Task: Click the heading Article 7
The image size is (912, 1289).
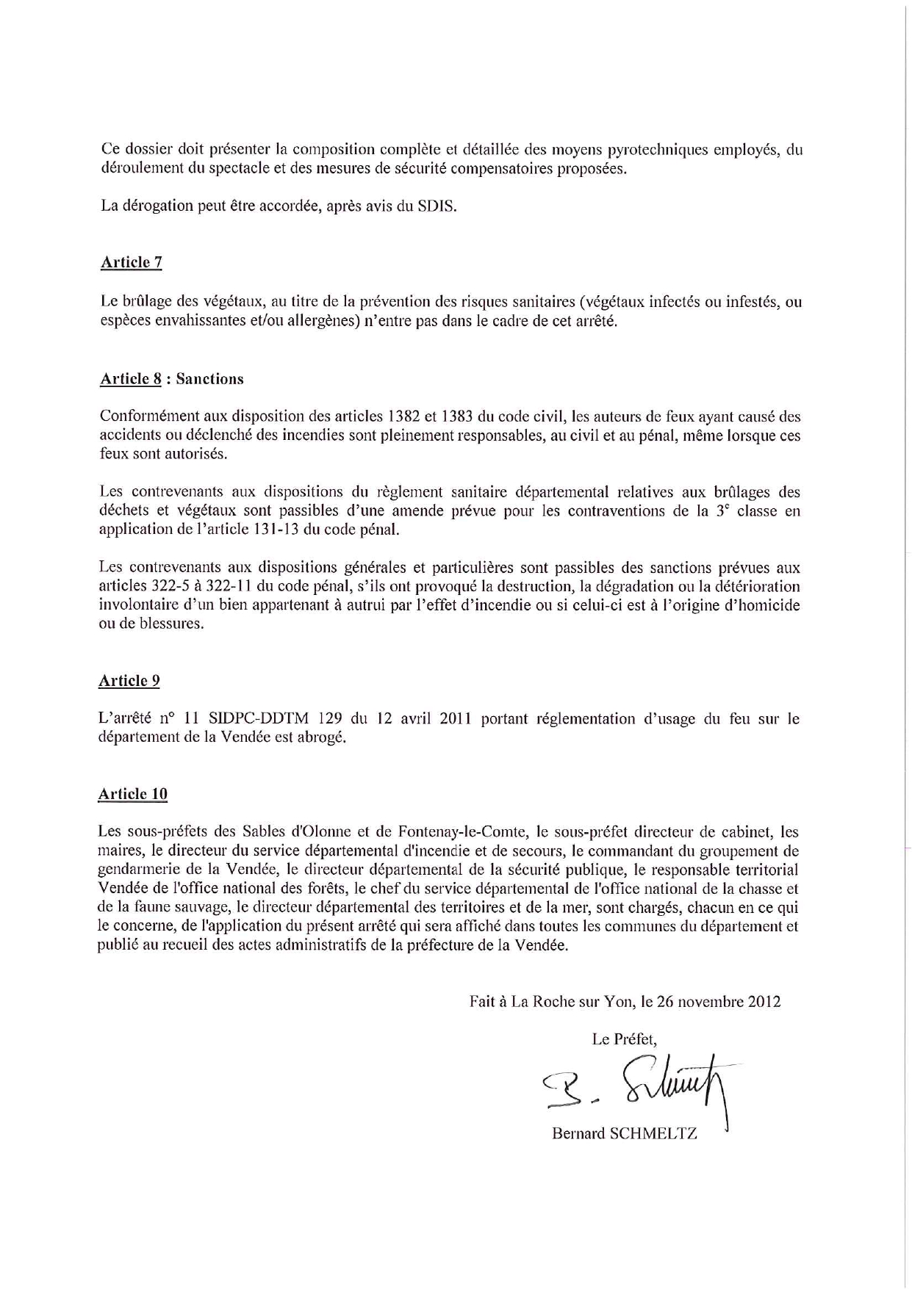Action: (131, 263)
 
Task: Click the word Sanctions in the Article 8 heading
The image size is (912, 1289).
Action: (209, 379)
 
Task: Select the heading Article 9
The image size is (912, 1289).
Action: (129, 681)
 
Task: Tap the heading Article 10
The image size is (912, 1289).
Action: (133, 794)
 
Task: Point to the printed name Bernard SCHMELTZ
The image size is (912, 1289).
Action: (624, 1133)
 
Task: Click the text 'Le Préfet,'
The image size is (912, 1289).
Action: (624, 1039)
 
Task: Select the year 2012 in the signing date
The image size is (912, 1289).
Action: (764, 1001)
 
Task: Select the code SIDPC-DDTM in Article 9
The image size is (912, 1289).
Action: (260, 719)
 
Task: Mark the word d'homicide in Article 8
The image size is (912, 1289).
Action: (762, 606)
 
